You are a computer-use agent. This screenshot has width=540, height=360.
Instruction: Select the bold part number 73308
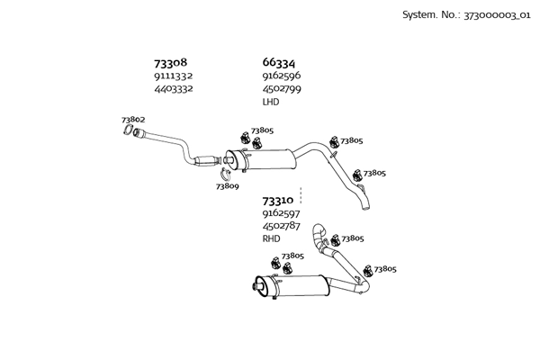[171, 63]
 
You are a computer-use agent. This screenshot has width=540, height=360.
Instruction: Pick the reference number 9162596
[282, 76]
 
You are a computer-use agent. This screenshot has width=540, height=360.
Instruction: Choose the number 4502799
[282, 89]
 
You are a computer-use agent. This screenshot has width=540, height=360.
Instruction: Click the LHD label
[271, 102]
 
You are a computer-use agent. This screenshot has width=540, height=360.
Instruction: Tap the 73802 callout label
[133, 120]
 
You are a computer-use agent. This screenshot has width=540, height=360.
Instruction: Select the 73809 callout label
[228, 186]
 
